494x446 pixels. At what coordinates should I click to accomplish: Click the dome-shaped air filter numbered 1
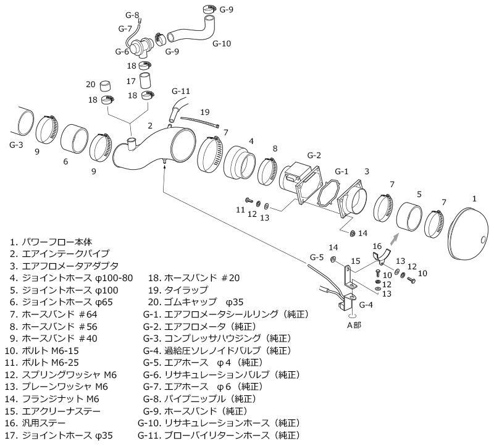(x=468, y=234)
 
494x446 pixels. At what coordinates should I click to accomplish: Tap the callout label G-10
(x=222, y=43)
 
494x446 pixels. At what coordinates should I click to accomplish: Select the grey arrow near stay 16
(x=394, y=239)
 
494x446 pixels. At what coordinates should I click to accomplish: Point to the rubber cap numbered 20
(x=106, y=86)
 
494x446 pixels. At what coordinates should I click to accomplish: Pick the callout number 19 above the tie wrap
(x=205, y=112)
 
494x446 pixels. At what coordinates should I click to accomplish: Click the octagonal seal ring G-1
(x=329, y=194)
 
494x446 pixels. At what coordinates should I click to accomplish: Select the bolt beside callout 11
(x=249, y=200)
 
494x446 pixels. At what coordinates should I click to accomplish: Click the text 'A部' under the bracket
(x=354, y=325)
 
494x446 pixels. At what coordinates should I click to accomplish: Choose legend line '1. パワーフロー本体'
(x=51, y=242)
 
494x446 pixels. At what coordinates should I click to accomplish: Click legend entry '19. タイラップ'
(x=178, y=290)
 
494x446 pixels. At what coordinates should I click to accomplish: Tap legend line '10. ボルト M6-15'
(x=42, y=350)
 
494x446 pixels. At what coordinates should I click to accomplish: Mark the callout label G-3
(x=16, y=145)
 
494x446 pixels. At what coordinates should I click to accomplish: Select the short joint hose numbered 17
(x=145, y=81)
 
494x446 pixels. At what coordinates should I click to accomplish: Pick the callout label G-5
(x=317, y=257)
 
